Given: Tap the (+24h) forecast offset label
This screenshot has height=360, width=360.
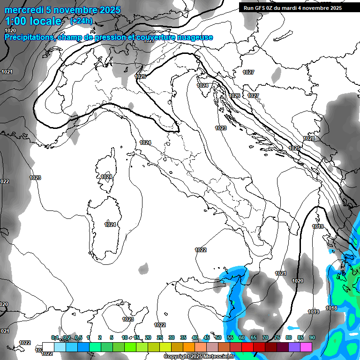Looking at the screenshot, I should click(x=81, y=21).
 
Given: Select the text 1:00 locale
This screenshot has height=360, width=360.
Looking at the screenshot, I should click(x=33, y=22).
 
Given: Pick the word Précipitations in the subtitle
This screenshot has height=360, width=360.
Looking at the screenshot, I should click(x=30, y=37).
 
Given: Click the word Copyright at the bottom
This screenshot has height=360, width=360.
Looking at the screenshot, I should click(x=176, y=357).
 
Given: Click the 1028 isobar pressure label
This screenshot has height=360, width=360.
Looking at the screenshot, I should click(x=309, y=138).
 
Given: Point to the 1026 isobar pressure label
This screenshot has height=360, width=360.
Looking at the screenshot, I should click(x=235, y=96).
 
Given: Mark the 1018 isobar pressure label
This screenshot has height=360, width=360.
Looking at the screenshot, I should click(x=331, y=308).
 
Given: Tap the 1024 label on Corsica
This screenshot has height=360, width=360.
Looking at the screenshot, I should click(x=106, y=177).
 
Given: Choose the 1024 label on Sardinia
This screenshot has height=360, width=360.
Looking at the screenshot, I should click(x=110, y=225).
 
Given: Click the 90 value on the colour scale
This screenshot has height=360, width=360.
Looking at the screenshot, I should click(x=312, y=337).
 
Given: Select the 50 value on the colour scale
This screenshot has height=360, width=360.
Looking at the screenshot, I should click(x=218, y=337).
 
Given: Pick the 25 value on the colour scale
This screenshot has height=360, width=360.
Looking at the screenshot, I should click(x=160, y=337).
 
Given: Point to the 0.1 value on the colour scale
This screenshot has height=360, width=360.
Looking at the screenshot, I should click(x=55, y=337).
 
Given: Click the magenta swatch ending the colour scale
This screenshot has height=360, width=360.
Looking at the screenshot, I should click(x=306, y=346).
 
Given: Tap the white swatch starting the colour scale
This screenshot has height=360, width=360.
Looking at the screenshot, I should click(x=48, y=346).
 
